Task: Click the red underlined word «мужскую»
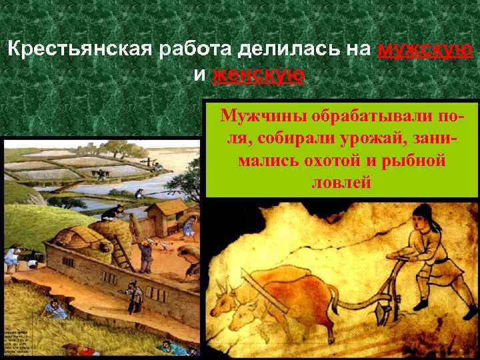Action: click(425, 50)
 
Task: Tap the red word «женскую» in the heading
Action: click(258, 74)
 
